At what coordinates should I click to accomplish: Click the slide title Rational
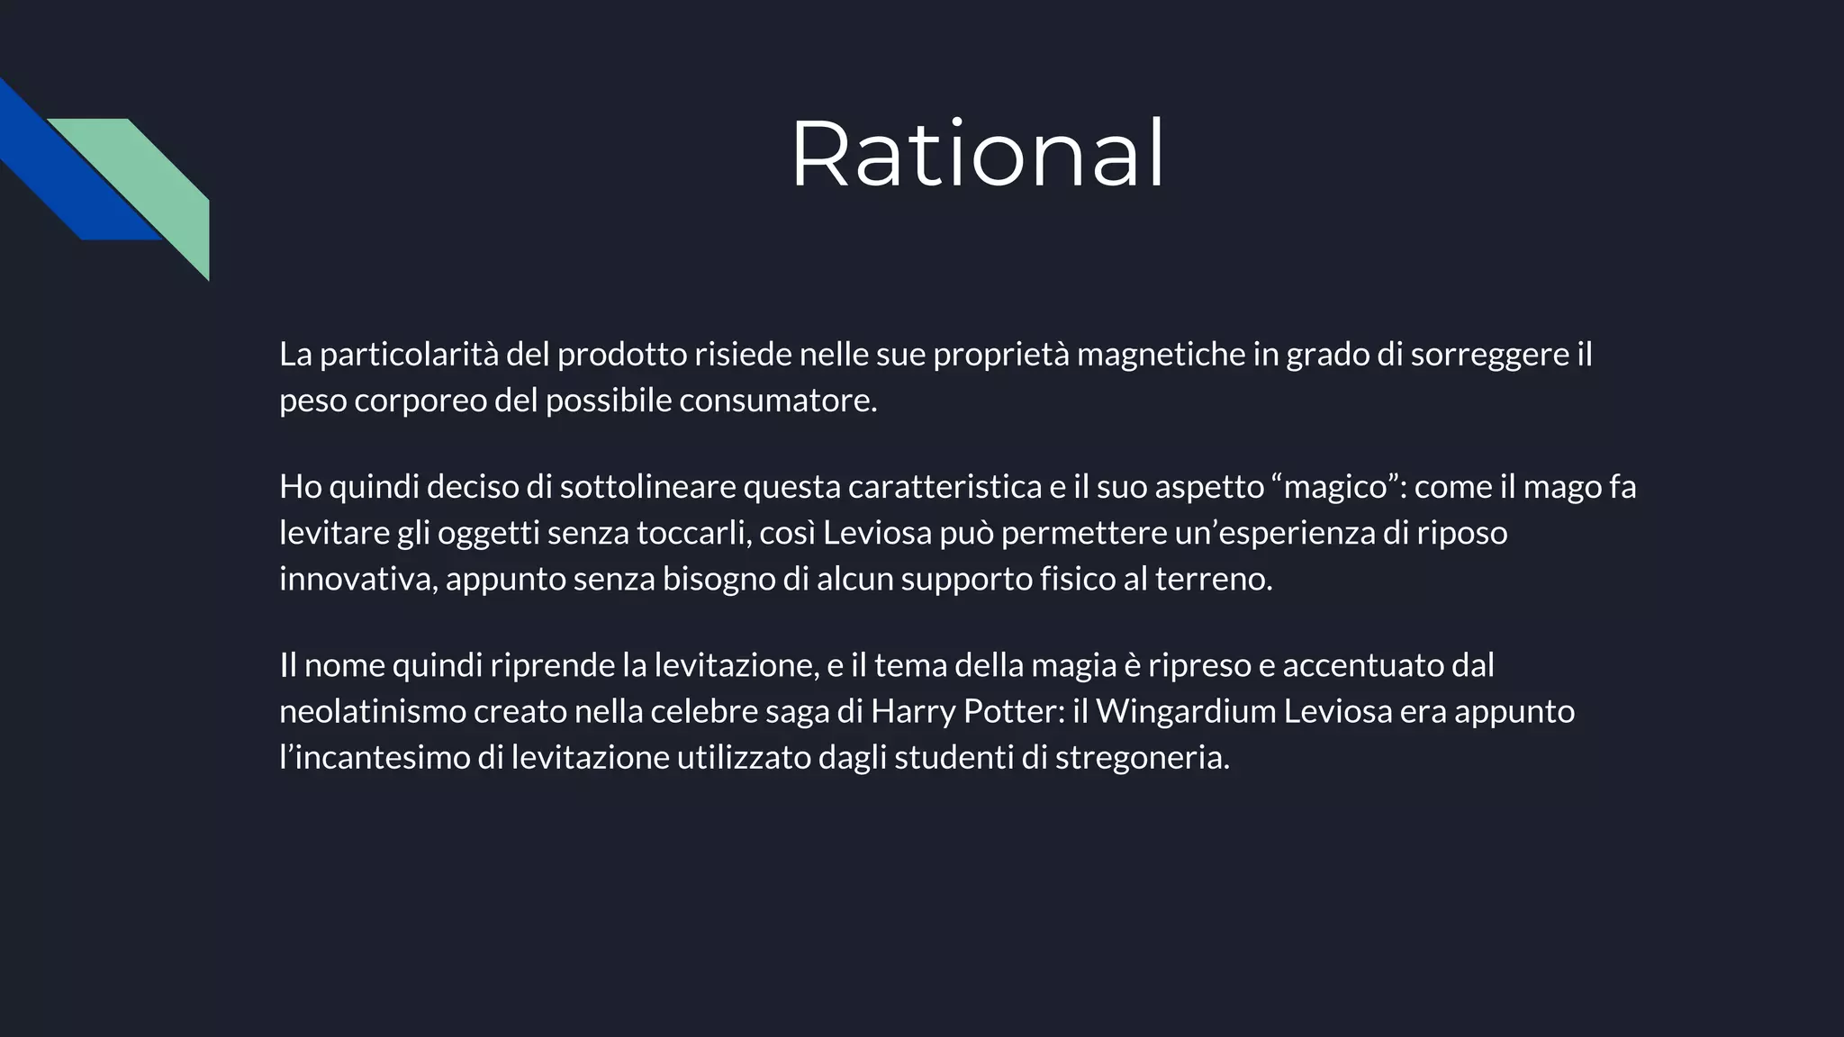tap(977, 155)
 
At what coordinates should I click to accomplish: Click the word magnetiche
tap(1161, 355)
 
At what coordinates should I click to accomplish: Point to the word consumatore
tap(778, 401)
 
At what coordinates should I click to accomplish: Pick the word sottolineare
tap(647, 487)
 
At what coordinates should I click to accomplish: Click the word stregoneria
tap(1142, 757)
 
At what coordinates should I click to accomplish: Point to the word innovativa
tap(358, 579)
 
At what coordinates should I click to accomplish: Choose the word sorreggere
tap(1490, 355)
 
